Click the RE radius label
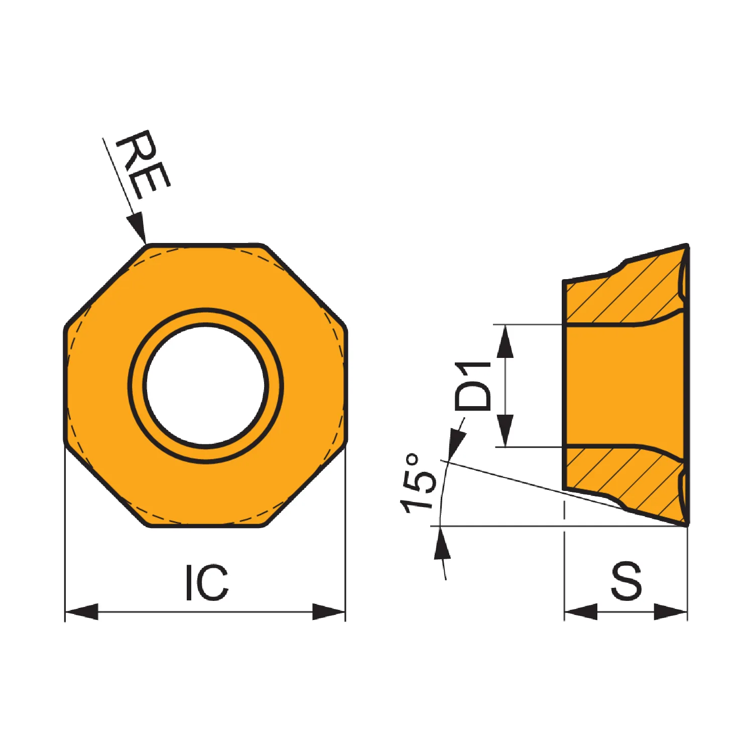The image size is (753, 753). coord(143,164)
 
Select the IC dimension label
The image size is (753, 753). coord(207,582)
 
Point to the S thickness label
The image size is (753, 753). coord(626,581)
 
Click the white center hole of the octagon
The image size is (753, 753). coord(206,386)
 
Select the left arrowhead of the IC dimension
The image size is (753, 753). coord(82,612)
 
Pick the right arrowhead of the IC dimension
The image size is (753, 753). coord(329,612)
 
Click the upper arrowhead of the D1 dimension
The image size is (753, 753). coord(506,341)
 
